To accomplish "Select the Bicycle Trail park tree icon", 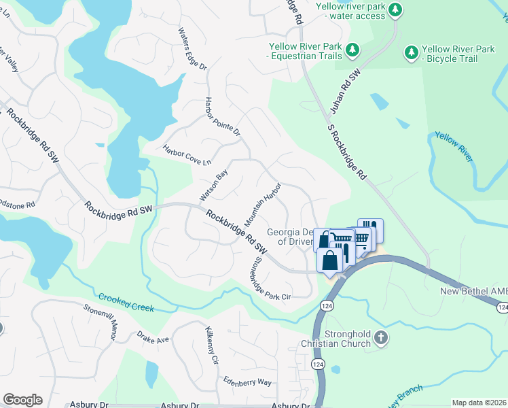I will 410,52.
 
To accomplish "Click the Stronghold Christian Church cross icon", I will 381,337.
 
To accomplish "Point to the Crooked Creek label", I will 126,303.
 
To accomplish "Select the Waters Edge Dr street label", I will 192,49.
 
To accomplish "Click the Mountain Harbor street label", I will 263,205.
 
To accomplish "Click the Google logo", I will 22,400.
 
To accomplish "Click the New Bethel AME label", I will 473,291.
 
